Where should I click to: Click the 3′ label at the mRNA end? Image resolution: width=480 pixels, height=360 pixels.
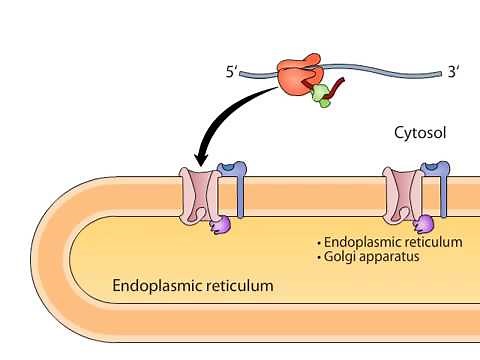pyautogui.click(x=454, y=72)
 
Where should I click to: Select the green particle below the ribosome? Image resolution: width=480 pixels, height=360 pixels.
pyautogui.click(x=321, y=95)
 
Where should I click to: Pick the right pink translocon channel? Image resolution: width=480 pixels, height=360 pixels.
pyautogui.click(x=403, y=194)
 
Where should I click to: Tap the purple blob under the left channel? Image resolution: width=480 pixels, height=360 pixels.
pyautogui.click(x=220, y=226)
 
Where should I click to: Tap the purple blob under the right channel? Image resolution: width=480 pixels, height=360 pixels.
pyautogui.click(x=425, y=224)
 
